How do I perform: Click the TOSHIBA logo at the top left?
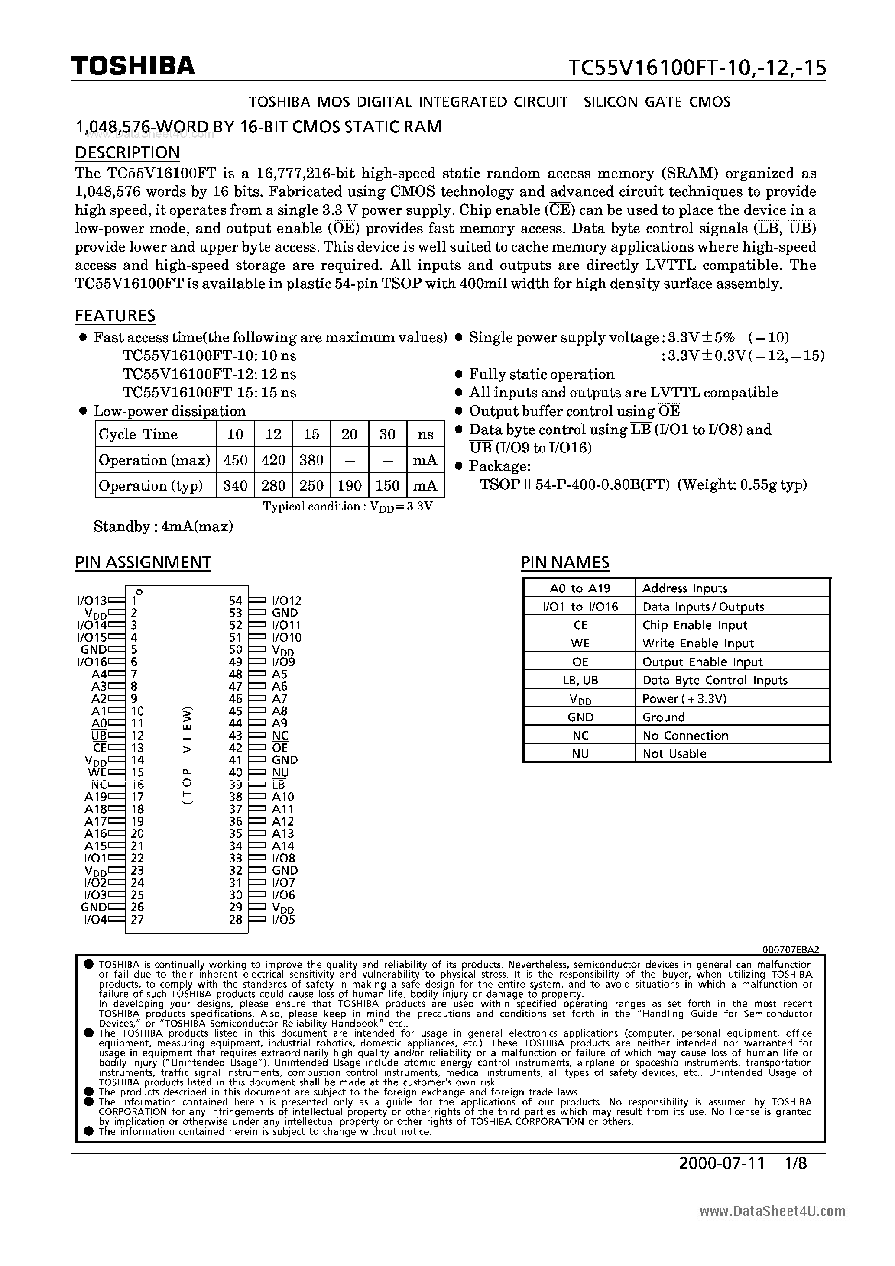pyautogui.click(x=133, y=66)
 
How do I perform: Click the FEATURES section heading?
pyautogui.click(x=115, y=316)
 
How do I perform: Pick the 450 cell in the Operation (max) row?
pyautogui.click(x=235, y=460)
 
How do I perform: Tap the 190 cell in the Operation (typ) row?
pyautogui.click(x=349, y=486)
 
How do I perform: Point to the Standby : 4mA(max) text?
pyautogui.click(x=163, y=526)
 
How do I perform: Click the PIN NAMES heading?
pyautogui.click(x=565, y=562)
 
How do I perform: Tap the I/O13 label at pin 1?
pyautogui.click(x=91, y=601)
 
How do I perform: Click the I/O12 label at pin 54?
pyautogui.click(x=287, y=601)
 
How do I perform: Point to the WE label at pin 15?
pyautogui.click(x=97, y=772)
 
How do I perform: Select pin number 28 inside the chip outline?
pyautogui.click(x=236, y=920)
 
